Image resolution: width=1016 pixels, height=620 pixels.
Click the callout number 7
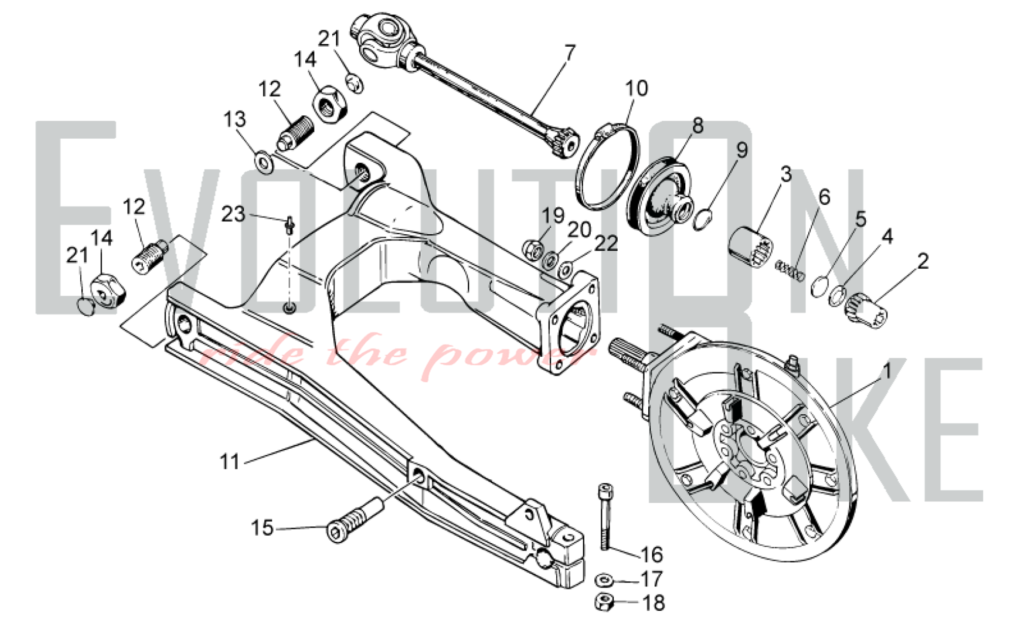click(570, 53)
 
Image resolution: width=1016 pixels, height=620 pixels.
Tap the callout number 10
click(637, 88)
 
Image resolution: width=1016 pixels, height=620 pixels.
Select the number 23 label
click(233, 214)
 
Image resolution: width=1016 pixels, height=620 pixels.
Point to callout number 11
click(229, 462)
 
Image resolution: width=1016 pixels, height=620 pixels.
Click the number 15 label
click(263, 528)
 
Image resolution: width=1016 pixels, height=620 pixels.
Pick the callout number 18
click(654, 603)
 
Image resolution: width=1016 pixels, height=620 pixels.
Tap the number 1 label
click(887, 371)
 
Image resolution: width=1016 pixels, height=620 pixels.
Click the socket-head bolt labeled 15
click(355, 520)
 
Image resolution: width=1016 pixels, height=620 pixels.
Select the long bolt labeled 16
click(604, 516)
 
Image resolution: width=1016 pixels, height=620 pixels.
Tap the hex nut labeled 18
click(605, 602)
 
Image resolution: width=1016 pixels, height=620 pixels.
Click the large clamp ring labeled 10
click(607, 166)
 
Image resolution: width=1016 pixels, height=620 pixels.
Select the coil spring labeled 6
click(790, 270)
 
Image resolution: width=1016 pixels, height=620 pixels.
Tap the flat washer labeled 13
click(263, 162)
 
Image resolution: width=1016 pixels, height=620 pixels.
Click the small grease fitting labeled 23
click(290, 224)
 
